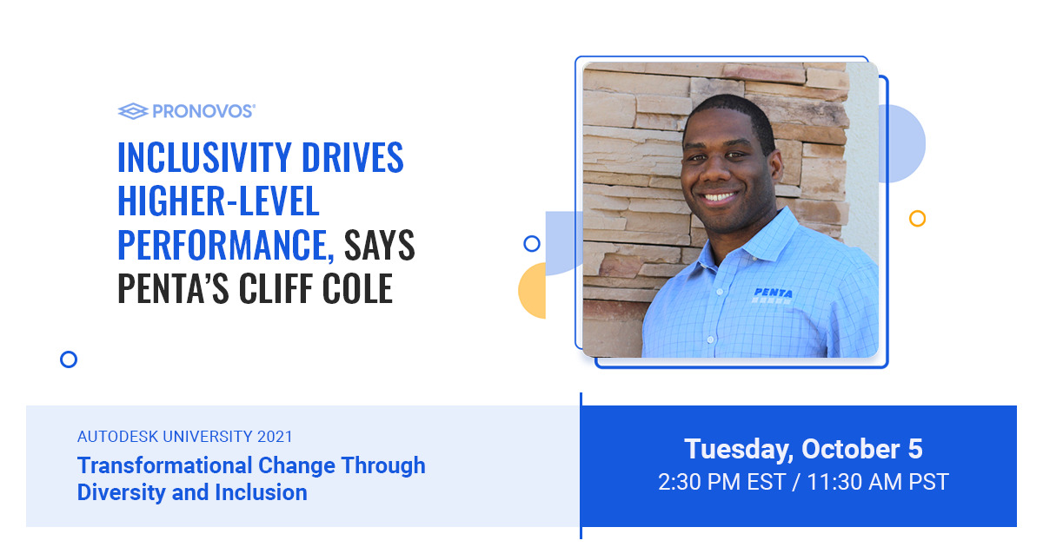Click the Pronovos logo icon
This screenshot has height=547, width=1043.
[132, 110]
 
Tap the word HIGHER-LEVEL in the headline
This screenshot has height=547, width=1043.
[218, 202]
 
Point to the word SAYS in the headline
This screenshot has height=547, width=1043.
[380, 247]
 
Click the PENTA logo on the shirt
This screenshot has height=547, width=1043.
[773, 294]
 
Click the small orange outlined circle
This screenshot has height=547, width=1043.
[917, 219]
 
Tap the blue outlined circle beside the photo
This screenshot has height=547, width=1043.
[532, 244]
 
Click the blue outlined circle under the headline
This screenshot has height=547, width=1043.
[69, 359]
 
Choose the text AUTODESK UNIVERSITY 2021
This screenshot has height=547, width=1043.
[185, 437]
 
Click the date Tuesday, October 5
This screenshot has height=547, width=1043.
[803, 449]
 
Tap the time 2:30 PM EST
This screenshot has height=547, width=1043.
[719, 482]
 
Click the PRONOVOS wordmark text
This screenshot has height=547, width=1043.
[203, 111]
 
